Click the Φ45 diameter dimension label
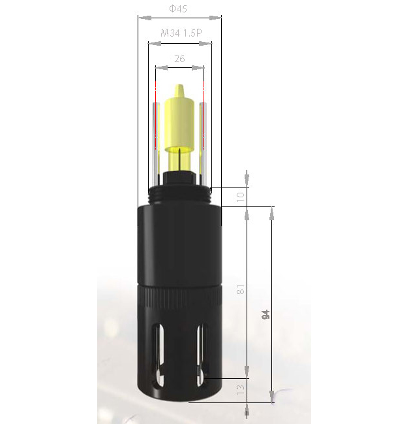point(178,8)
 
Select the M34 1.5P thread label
point(181,33)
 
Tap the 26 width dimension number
point(179,58)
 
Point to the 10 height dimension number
point(240,197)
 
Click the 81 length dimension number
point(240,289)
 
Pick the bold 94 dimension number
point(266,314)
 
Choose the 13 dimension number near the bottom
point(240,389)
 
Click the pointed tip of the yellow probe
point(179,85)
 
